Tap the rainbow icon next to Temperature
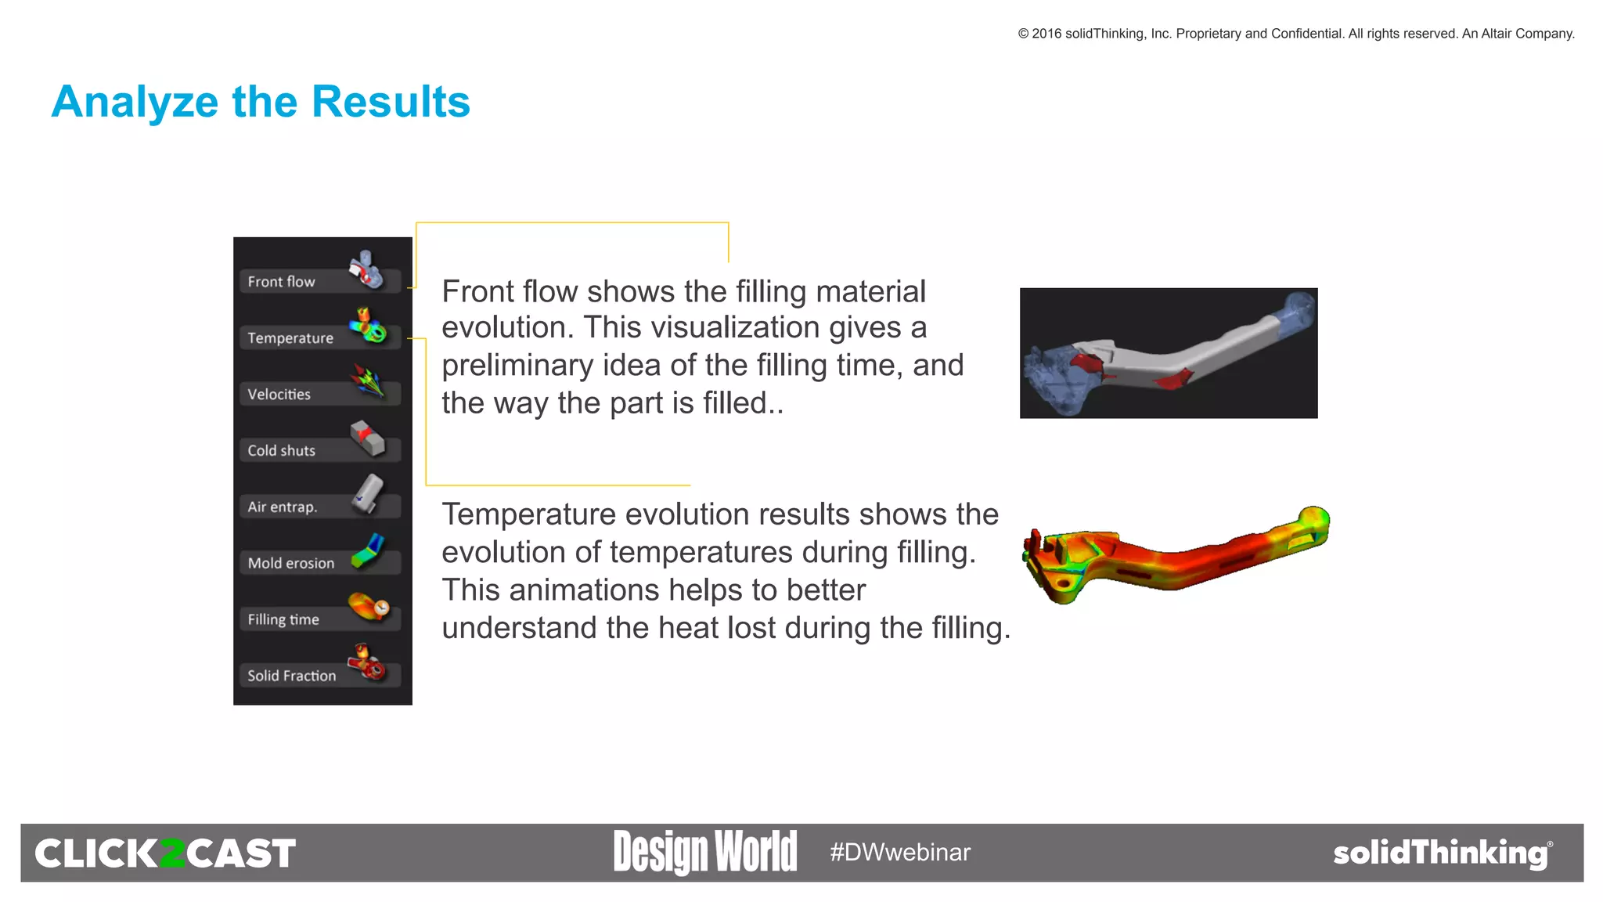click(x=368, y=326)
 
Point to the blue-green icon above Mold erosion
click(x=369, y=550)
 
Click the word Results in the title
click(x=391, y=102)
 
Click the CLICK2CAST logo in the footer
click(x=165, y=853)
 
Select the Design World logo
click(x=705, y=852)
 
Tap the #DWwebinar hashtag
click(x=900, y=852)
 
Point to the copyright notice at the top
click(x=1295, y=34)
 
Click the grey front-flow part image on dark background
click(x=1168, y=353)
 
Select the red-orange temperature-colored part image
click(x=1174, y=554)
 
